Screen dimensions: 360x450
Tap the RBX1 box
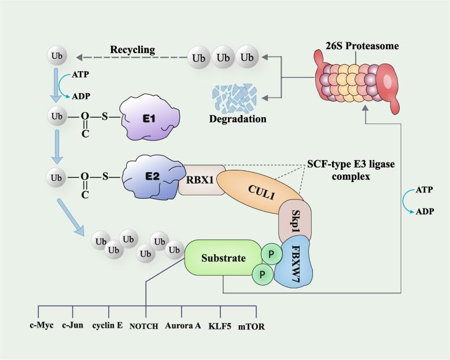201,179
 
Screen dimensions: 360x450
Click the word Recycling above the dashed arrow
132,50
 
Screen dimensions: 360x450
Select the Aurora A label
183,325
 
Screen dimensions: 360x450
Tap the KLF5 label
220,325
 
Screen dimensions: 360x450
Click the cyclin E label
108,325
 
